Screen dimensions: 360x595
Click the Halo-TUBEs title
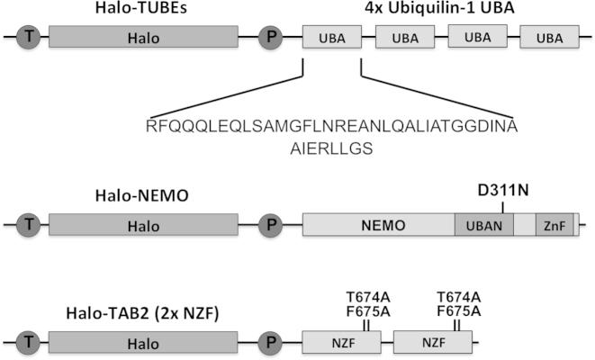[x=143, y=10]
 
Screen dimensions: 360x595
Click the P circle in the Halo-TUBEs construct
[x=269, y=37]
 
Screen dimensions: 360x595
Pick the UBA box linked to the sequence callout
[x=331, y=37]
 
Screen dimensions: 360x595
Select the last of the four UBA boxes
[x=548, y=38]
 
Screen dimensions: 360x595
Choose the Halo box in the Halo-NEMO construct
[x=143, y=225]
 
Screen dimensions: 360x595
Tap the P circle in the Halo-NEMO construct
[x=269, y=225]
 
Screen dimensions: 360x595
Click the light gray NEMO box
[x=379, y=225]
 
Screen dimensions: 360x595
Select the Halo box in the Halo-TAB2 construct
[x=143, y=342]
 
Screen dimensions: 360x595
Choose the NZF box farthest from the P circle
[x=434, y=342]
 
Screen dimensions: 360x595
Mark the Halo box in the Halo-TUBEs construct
[x=143, y=37]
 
